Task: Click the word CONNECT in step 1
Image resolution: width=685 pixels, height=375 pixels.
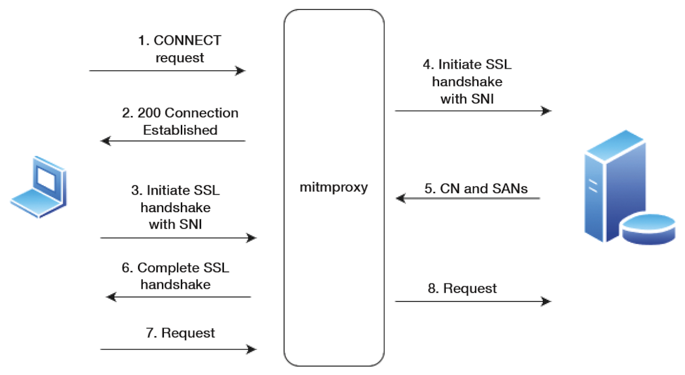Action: [x=187, y=41]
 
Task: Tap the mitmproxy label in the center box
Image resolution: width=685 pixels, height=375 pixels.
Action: [x=333, y=187]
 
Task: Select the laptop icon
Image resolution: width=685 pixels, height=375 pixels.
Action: [x=39, y=187]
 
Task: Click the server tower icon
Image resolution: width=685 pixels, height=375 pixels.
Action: [x=615, y=186]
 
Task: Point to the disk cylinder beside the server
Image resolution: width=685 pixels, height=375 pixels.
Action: [x=648, y=229]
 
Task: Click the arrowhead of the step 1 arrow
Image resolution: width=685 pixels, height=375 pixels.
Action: [x=240, y=71]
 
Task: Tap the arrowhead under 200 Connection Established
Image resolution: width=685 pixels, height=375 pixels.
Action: [x=106, y=141]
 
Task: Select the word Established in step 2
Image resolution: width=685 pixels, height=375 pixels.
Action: [x=180, y=130]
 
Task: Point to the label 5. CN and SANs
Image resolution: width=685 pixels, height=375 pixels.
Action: [x=476, y=189]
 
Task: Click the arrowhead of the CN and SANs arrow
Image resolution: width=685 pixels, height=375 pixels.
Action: [x=401, y=198]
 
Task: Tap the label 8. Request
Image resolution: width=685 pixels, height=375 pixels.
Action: [x=462, y=288]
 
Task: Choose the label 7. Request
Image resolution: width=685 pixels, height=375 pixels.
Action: [x=180, y=333]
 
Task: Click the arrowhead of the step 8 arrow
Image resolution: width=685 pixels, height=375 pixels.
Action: [x=546, y=301]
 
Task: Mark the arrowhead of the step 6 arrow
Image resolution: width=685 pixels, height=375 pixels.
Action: [x=111, y=297]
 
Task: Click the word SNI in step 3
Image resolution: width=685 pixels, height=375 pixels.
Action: [x=190, y=225]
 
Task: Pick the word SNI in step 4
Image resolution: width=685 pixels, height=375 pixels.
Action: [x=482, y=99]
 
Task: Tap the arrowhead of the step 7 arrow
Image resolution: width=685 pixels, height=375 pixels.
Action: [x=251, y=349]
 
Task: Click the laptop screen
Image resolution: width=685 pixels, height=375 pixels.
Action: [x=46, y=179]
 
